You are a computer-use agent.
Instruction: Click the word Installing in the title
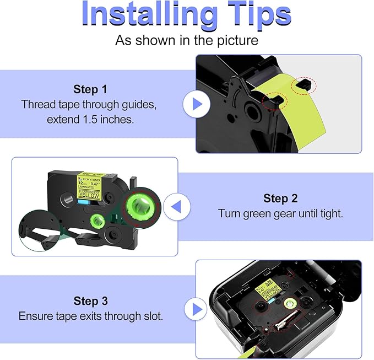click(145, 15)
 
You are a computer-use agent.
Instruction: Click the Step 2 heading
click(281, 198)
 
